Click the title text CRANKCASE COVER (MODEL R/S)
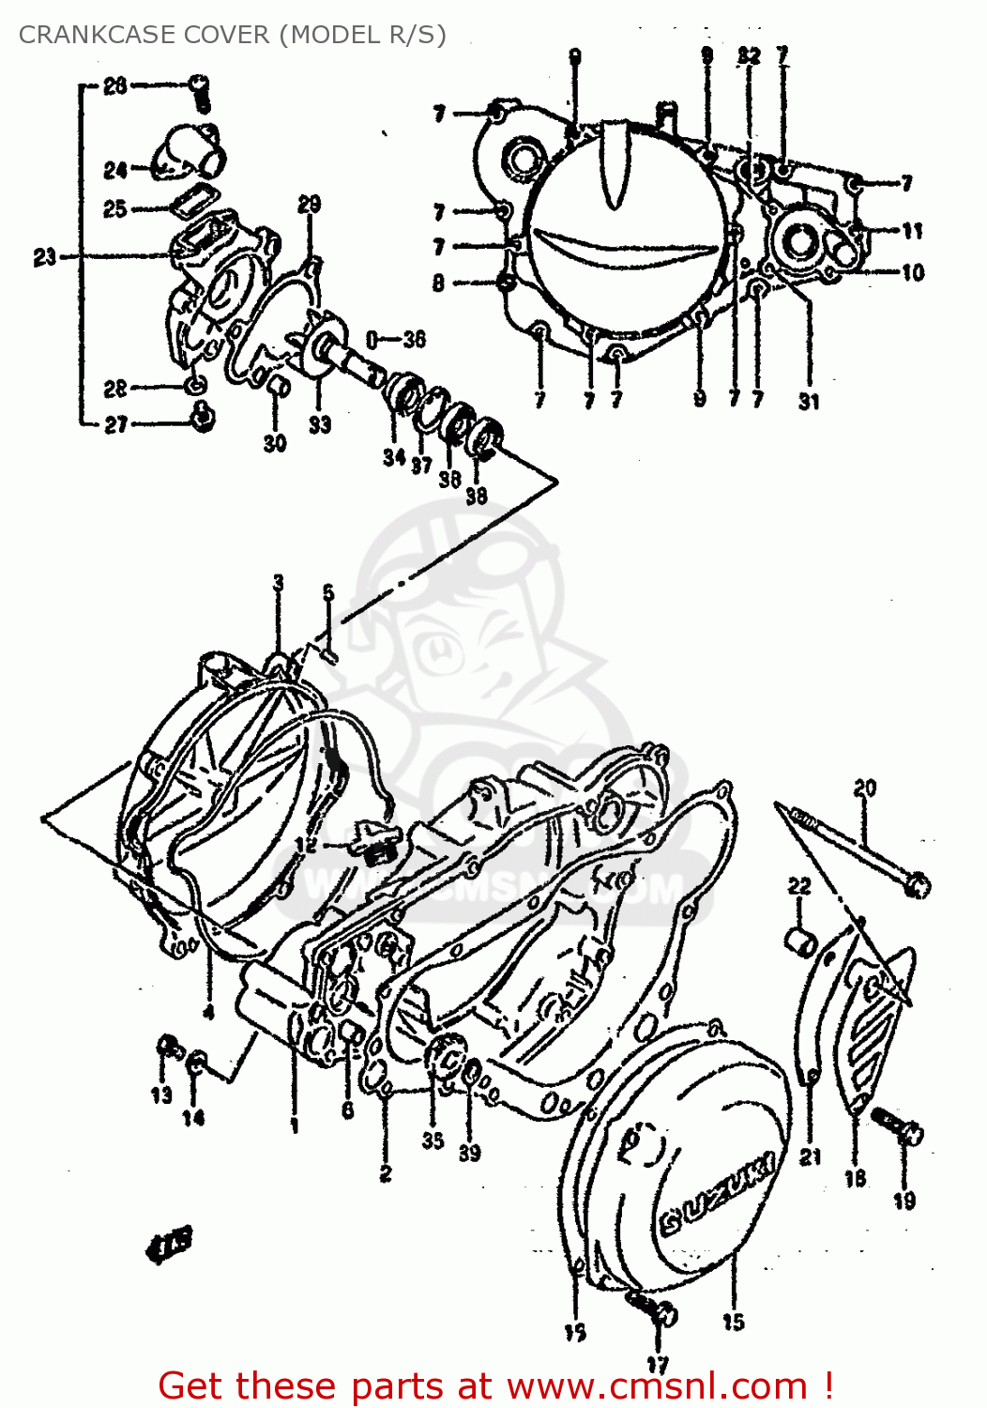232,35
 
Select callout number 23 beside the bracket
45,256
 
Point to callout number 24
115,170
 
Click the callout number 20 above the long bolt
864,788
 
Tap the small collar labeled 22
800,941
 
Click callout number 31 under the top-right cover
809,401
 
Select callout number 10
913,273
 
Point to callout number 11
913,231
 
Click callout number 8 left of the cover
438,283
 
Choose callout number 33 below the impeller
320,424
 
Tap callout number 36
414,339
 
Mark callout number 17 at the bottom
658,1366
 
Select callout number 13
161,1094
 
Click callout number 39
469,1152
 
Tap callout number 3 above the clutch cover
279,583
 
